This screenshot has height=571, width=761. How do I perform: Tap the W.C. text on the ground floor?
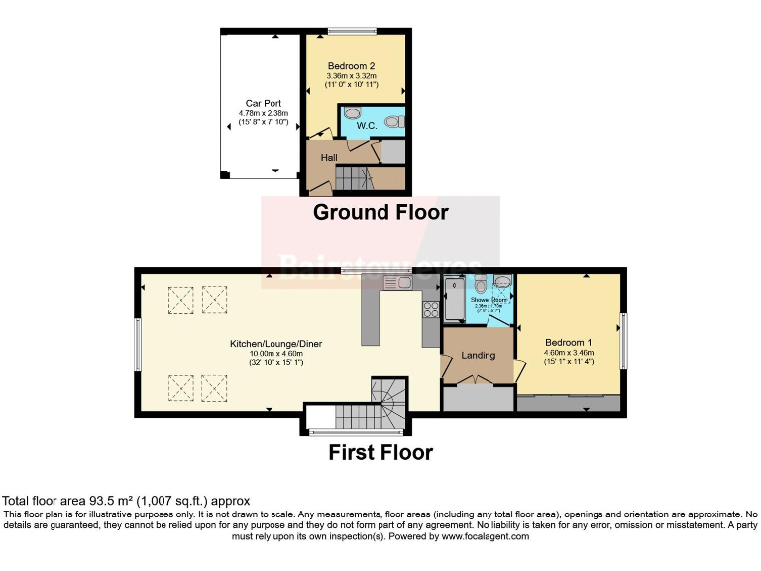pyautogui.click(x=352, y=127)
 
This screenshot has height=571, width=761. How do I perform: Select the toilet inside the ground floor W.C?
pyautogui.click(x=393, y=122)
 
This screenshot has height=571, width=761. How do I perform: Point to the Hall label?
pyautogui.click(x=328, y=158)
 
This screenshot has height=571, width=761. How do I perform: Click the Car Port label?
pyautogui.click(x=260, y=103)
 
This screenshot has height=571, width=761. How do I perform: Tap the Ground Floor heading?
pyautogui.click(x=380, y=212)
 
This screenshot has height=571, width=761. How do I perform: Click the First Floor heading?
pyautogui.click(x=380, y=453)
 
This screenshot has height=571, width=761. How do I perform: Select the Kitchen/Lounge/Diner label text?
pyautogui.click(x=276, y=344)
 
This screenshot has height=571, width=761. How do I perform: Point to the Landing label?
pyautogui.click(x=478, y=355)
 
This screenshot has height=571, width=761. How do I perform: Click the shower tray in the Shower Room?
pyautogui.click(x=454, y=300)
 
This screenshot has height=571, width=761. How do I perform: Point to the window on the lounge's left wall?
pyautogui.click(x=138, y=343)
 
